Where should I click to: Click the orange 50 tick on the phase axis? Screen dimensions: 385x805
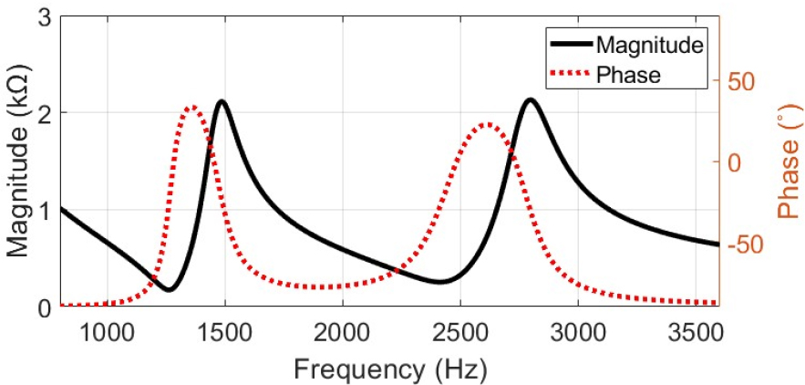point(742,81)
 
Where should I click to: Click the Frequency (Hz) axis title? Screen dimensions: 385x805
point(389,369)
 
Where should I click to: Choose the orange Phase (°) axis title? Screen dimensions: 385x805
point(786,165)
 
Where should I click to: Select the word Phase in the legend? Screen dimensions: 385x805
point(627,75)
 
